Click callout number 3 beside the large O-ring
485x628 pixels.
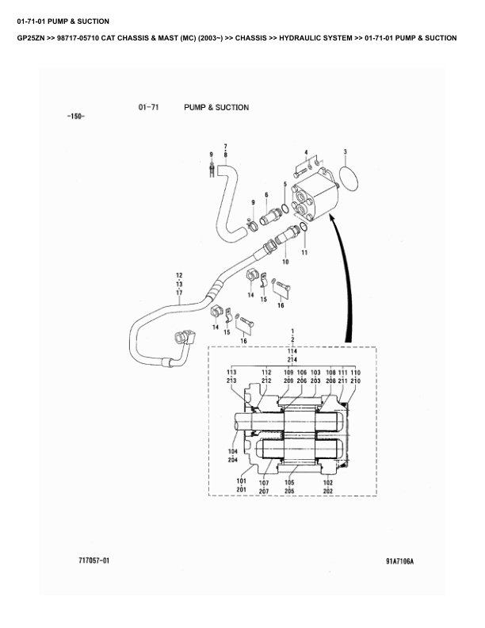[346, 151]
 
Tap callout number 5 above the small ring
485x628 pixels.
[285, 184]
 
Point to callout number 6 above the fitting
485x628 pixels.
[266, 195]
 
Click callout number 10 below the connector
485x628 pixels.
[285, 262]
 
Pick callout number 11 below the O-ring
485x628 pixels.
[304, 253]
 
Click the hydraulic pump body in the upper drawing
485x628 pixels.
[315, 195]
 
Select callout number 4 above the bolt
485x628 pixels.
[306, 152]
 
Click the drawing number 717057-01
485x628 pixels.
[94, 561]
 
